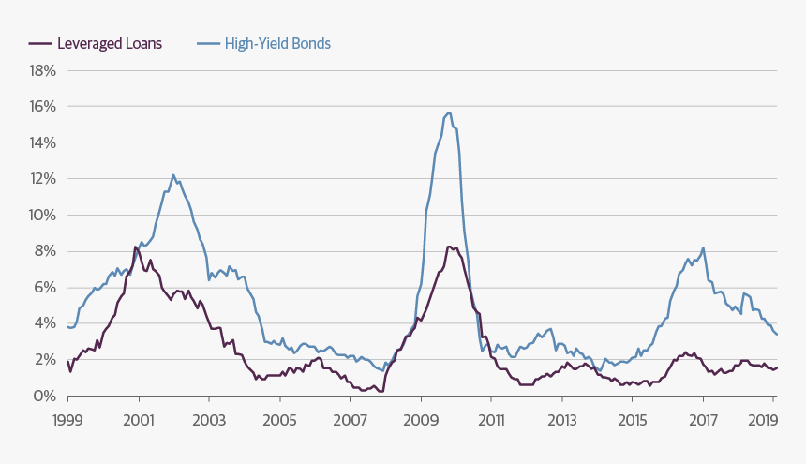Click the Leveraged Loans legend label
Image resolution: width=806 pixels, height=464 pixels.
pos(109,43)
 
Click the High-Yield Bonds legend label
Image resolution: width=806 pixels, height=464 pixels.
pos(277,43)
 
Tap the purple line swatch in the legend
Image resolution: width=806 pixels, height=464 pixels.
pos(40,43)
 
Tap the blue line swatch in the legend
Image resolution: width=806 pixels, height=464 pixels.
pos(208,43)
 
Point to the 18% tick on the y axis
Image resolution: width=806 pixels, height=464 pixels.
pos(42,70)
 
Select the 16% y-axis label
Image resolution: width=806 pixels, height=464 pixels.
pos(42,107)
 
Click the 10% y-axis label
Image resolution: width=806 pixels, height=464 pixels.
pos(42,215)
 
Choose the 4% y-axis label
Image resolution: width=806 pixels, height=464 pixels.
pos(45,323)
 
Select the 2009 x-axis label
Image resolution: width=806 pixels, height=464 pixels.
pos(421,421)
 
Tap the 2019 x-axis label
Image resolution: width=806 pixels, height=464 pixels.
pos(773,421)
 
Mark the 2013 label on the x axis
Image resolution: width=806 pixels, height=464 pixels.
pos(562,421)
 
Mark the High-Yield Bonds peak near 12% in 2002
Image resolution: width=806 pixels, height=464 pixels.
pos(173,175)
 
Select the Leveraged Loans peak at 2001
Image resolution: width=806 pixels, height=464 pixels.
pos(137,247)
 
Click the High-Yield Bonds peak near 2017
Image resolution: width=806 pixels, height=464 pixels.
pos(703,248)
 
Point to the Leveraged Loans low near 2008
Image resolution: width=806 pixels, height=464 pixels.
pos(381,391)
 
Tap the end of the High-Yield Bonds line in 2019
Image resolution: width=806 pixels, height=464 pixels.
pos(777,335)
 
